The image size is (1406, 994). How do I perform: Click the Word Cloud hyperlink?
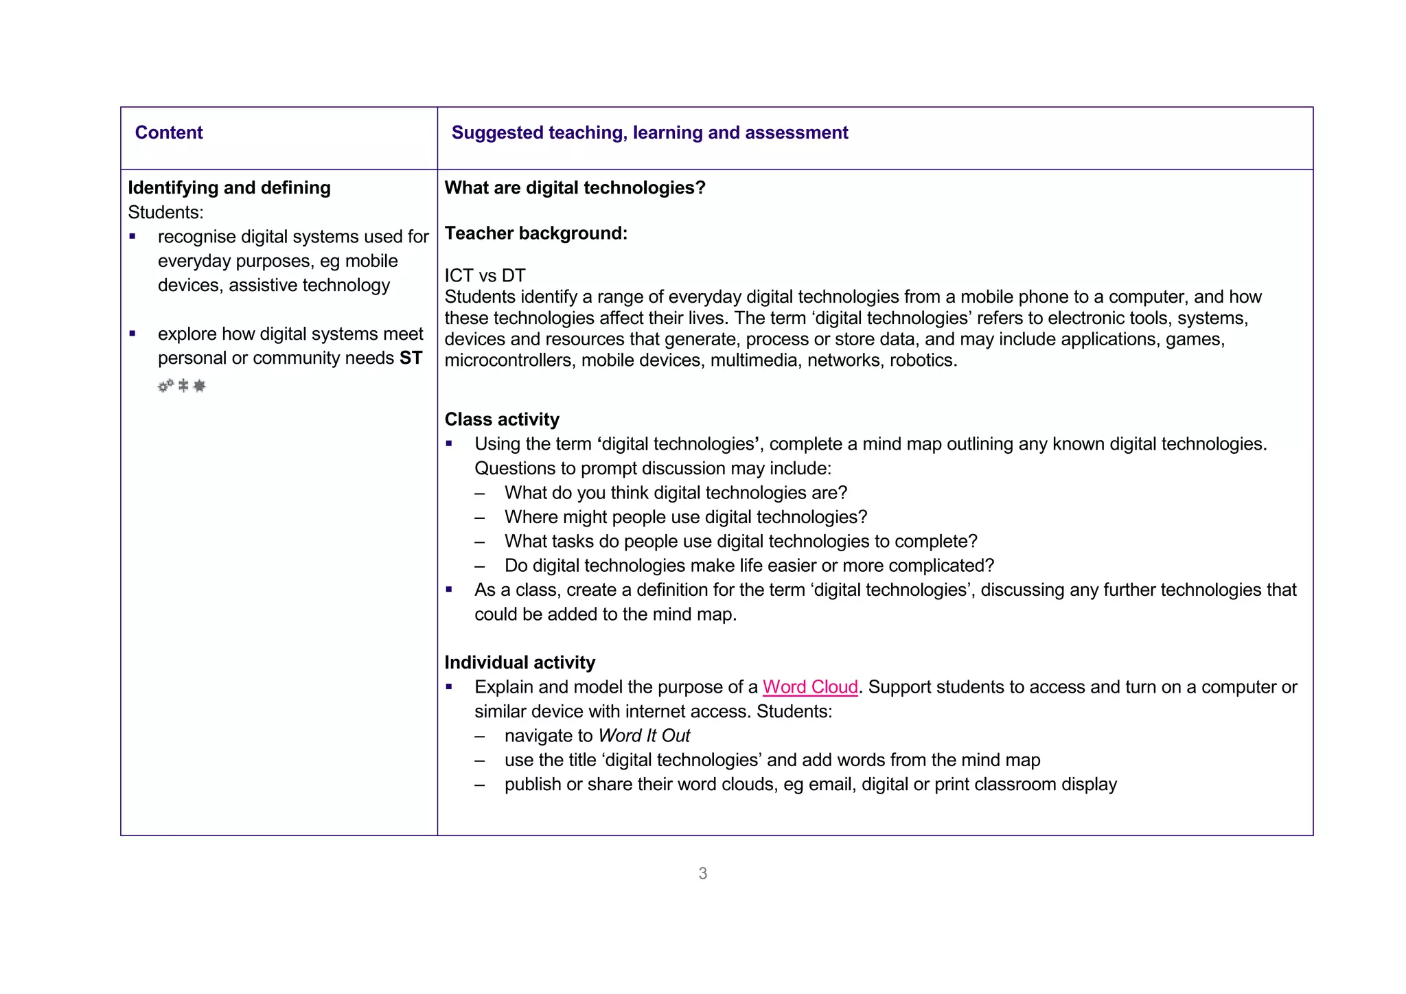[810, 687]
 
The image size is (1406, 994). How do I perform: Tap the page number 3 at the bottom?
[702, 873]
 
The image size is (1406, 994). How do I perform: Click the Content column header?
[169, 132]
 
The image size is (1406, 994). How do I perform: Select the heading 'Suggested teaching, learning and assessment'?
[649, 132]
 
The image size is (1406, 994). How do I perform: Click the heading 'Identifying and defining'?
[229, 187]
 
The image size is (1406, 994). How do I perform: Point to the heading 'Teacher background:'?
[535, 233]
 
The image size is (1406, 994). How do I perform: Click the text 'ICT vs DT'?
[485, 275]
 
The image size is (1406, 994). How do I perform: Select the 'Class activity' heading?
[501, 419]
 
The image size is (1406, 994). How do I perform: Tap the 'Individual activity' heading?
[519, 662]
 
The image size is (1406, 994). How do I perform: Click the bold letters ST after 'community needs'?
[411, 358]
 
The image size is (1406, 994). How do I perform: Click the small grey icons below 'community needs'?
[182, 386]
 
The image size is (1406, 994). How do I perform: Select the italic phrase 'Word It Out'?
[644, 736]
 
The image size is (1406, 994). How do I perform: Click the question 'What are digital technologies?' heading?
[575, 187]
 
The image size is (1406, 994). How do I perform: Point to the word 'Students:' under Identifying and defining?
[165, 212]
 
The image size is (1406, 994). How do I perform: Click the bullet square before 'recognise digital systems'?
[132, 237]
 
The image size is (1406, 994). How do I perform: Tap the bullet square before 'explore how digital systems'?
[132, 334]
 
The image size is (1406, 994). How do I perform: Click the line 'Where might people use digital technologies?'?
[685, 517]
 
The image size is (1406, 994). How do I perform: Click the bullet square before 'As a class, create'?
[449, 590]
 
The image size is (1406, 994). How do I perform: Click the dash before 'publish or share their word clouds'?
[480, 785]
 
